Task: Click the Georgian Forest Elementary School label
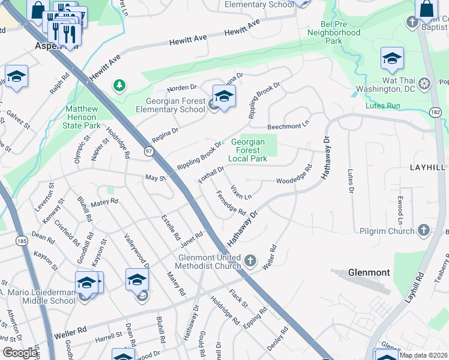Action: click(170, 106)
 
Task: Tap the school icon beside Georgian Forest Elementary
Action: click(224, 96)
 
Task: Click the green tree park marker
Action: click(120, 86)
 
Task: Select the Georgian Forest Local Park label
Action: click(247, 150)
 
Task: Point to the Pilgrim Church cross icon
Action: click(424, 230)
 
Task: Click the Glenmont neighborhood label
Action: click(369, 272)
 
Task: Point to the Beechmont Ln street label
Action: click(288, 127)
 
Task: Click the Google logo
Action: click(19, 352)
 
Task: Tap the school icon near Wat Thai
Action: click(392, 58)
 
